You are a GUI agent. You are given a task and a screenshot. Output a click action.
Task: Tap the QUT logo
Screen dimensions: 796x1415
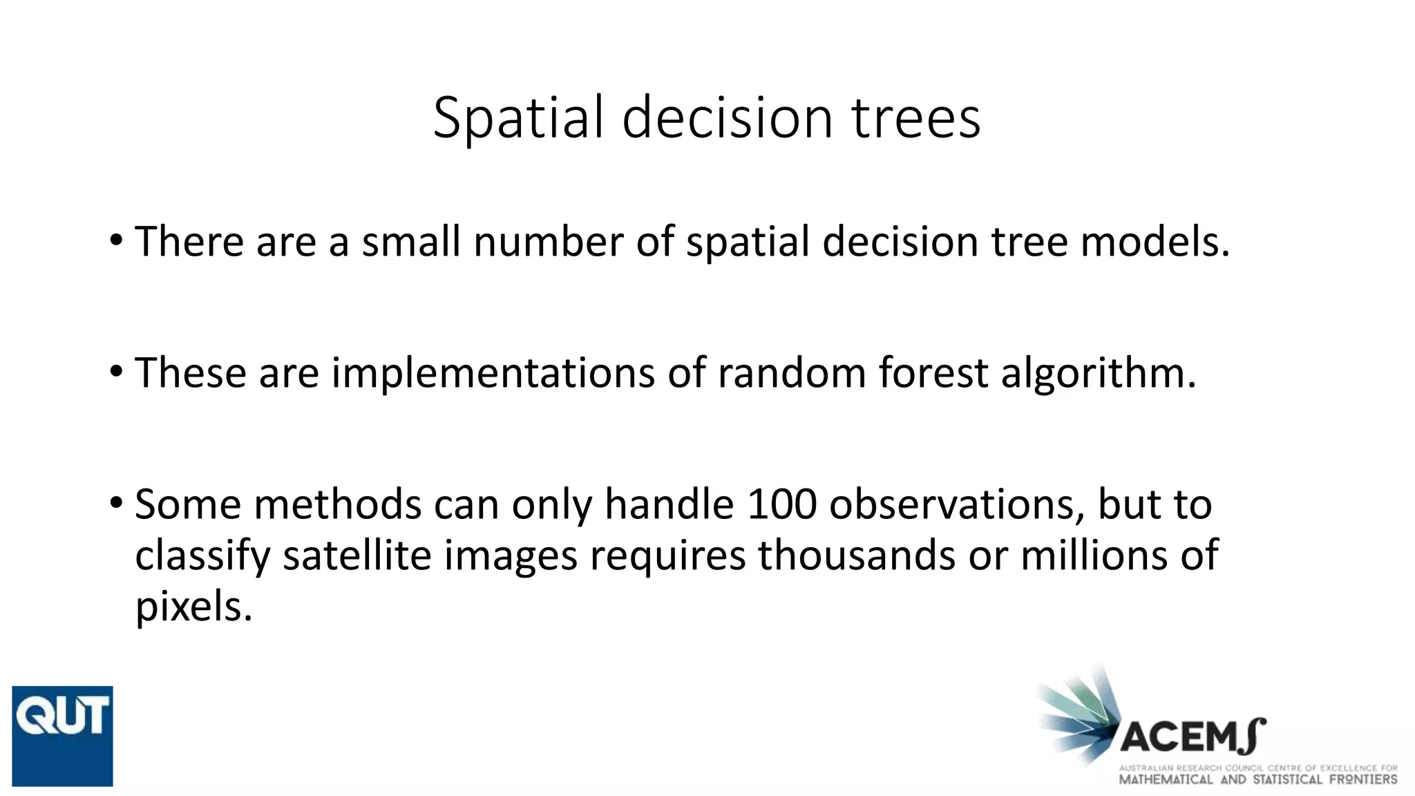tap(62, 736)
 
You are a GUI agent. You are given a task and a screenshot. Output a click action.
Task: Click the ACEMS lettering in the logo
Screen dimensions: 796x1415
tap(1192, 737)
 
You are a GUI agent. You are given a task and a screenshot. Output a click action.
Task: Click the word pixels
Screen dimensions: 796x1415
tap(193, 607)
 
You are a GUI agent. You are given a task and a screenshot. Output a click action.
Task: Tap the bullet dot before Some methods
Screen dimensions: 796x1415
tap(116, 503)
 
